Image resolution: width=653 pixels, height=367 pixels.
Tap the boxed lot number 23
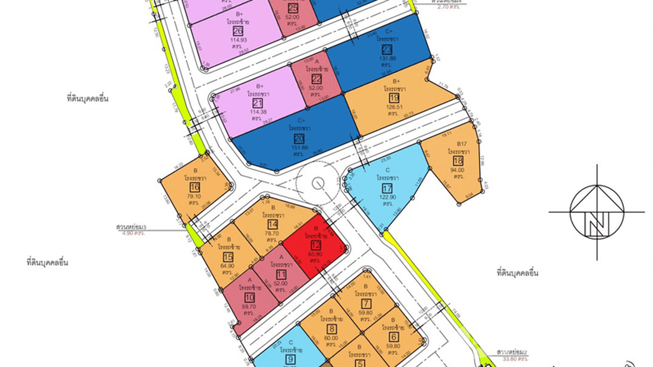tap(387, 50)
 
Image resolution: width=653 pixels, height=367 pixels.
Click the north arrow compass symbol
tap(597, 212)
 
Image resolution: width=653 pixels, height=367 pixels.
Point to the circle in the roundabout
tap(318, 183)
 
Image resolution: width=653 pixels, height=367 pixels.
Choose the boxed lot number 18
tap(457, 161)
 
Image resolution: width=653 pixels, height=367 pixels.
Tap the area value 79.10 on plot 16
tap(195, 196)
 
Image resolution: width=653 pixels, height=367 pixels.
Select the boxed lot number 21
tap(258, 103)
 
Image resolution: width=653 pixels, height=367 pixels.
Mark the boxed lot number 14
tap(273, 224)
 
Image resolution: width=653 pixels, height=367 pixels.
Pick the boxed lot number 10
tap(250, 298)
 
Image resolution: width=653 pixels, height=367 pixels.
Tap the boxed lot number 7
tap(366, 304)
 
